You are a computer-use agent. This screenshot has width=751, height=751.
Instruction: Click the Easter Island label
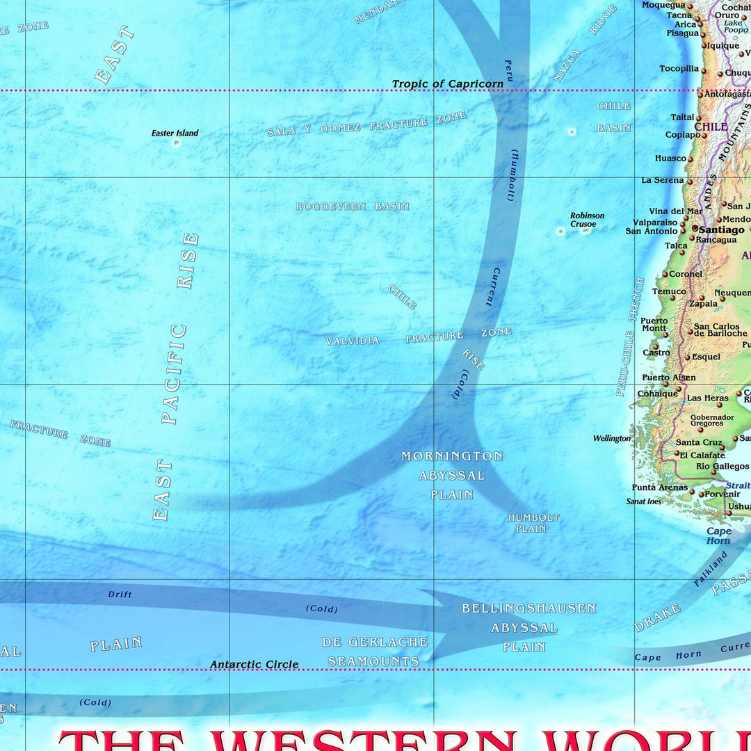pyautogui.click(x=175, y=133)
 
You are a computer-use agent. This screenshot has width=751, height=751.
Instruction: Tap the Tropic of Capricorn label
pyautogui.click(x=447, y=84)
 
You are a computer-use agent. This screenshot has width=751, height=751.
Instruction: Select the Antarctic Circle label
pyautogui.click(x=255, y=664)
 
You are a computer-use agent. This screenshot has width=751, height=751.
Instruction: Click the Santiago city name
pyautogui.click(x=721, y=229)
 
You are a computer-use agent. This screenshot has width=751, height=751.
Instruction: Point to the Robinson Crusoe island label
pyautogui.click(x=587, y=220)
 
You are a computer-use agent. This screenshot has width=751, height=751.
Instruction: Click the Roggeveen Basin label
pyautogui.click(x=353, y=207)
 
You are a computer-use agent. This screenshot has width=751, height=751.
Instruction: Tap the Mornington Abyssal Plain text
pyautogui.click(x=451, y=476)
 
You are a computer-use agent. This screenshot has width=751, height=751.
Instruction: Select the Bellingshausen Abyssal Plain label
pyautogui.click(x=528, y=627)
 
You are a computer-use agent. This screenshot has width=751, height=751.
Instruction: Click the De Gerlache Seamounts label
pyautogui.click(x=375, y=652)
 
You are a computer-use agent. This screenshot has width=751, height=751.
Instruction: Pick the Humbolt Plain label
pyautogui.click(x=533, y=523)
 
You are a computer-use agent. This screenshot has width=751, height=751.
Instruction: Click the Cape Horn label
pyautogui.click(x=718, y=535)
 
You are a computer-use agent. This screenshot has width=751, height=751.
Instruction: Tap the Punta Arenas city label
pyautogui.click(x=659, y=487)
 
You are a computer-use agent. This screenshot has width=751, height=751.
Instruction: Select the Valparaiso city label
pyautogui.click(x=655, y=222)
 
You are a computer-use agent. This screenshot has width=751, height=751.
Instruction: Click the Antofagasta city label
pyautogui.click(x=727, y=94)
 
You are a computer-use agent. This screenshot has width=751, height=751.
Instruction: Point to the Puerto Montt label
pyautogui.click(x=654, y=325)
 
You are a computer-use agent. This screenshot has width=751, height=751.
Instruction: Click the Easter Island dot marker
pyautogui.click(x=176, y=143)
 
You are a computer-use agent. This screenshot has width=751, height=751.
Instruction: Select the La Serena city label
pyautogui.click(x=662, y=180)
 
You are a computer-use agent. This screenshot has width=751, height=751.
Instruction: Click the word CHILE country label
pyautogui.click(x=711, y=127)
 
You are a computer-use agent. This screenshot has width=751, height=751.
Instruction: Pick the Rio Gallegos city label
pyautogui.click(x=722, y=467)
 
